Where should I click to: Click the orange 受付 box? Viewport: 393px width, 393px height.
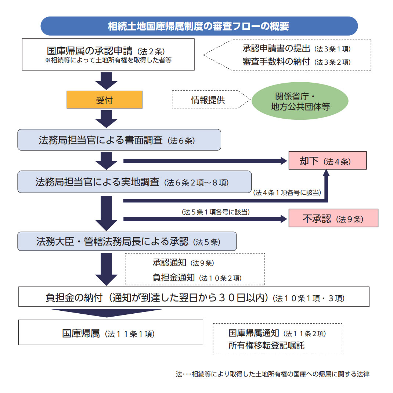pos(104,100)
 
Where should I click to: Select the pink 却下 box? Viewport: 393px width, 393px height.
pos(327,161)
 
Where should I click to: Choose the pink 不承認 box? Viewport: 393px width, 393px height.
pos(333,219)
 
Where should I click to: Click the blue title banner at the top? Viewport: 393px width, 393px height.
pos(199,26)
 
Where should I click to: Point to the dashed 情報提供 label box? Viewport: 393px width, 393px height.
pos(208,100)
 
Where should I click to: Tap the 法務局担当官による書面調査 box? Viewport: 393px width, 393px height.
pos(119,140)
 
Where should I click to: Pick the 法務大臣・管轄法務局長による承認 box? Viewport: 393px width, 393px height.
pos(127,242)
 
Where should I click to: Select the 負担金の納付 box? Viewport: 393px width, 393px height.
pos(194,297)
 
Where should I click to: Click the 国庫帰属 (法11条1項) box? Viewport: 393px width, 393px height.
pos(111,333)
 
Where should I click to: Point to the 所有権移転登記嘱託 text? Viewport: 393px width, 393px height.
pos(266,346)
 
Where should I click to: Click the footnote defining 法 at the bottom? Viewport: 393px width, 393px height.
pos(272,374)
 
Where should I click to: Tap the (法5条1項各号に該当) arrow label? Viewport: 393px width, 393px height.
pos(213,212)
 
